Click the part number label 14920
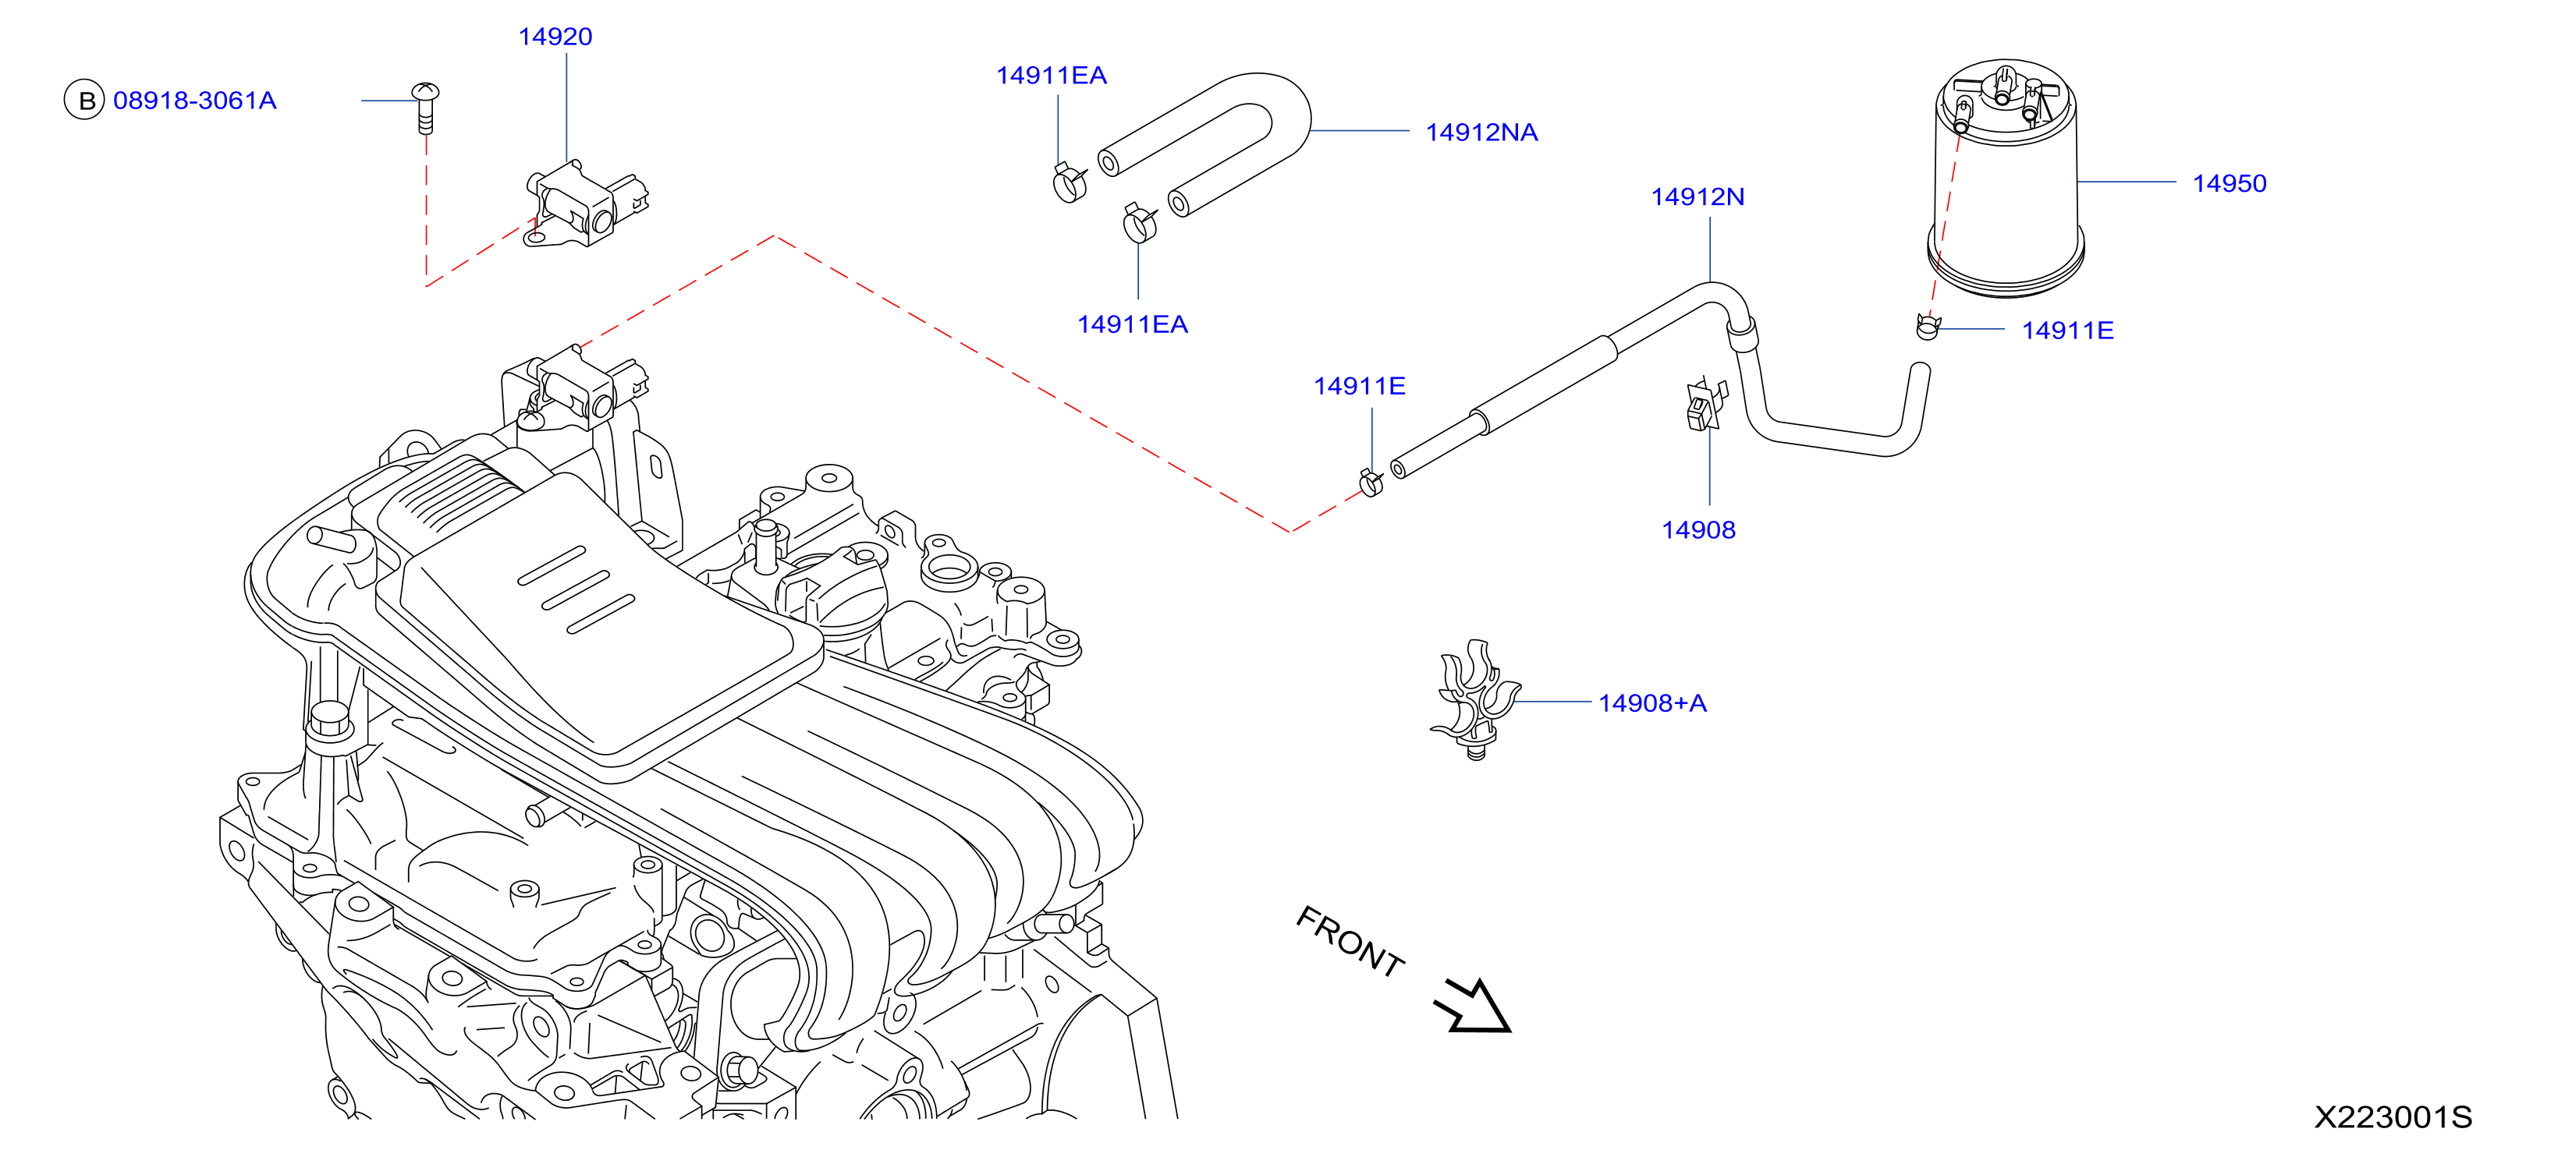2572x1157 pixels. point(555,37)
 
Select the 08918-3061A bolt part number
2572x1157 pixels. point(195,101)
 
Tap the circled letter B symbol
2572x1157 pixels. point(85,100)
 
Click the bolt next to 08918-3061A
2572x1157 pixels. point(425,108)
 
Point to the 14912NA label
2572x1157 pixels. point(1481,133)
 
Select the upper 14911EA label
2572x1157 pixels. point(1052,76)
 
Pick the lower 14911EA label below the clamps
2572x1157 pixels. point(1132,324)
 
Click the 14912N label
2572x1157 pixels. point(1698,196)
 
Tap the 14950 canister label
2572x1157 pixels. point(2230,184)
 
